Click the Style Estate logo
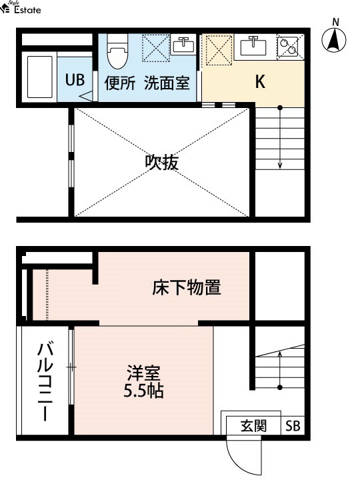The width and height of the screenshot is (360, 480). click(x=21, y=7)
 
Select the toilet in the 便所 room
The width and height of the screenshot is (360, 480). click(x=117, y=51)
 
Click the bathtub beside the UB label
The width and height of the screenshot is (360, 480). click(x=40, y=77)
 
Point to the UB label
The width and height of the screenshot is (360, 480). click(x=75, y=80)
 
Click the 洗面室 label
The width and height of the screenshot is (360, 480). click(x=167, y=83)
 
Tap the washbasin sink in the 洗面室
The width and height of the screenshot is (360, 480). click(x=183, y=45)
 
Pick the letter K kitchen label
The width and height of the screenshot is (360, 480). click(x=260, y=81)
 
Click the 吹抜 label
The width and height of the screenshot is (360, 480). click(x=161, y=162)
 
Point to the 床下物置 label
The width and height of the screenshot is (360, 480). click(x=187, y=287)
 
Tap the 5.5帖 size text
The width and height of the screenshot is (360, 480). click(x=143, y=391)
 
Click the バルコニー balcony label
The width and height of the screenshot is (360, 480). click(x=45, y=382)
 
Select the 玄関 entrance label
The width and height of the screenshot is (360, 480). click(x=253, y=426)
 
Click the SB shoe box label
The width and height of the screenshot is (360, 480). click(x=293, y=426)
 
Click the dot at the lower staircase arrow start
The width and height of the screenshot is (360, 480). click(x=280, y=387)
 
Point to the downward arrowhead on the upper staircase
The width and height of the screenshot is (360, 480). click(x=280, y=165)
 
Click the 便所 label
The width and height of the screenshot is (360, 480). click(x=120, y=83)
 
